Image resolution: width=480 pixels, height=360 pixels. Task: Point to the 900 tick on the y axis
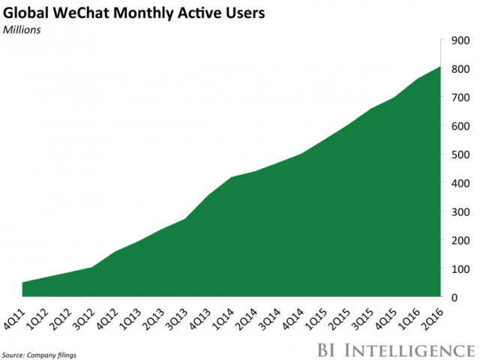point(460,40)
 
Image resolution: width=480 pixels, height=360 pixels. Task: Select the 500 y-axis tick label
point(460,154)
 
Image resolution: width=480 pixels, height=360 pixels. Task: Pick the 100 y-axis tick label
point(460,268)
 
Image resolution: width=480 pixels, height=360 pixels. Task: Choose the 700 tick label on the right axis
point(460,97)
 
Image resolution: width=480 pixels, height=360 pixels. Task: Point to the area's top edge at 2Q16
point(439,67)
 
